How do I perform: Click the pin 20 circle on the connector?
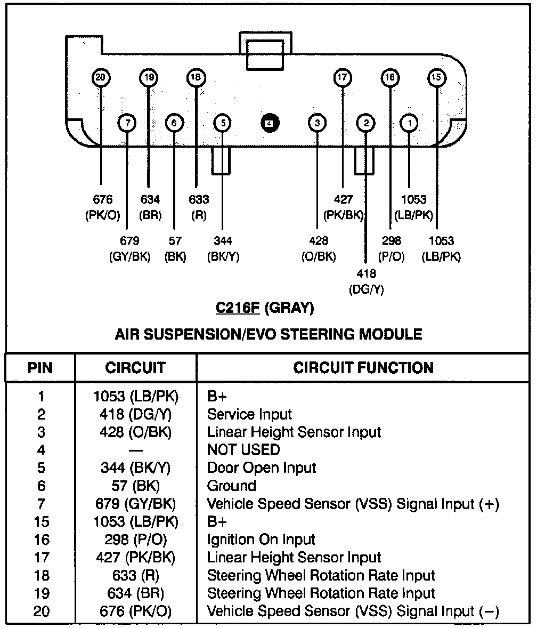pyautogui.click(x=100, y=78)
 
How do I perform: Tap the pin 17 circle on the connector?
pyautogui.click(x=342, y=78)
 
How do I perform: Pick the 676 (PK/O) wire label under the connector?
pyautogui.click(x=103, y=207)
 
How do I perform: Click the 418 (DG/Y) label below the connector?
pyautogui.click(x=366, y=281)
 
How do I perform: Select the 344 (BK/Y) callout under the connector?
pyautogui.click(x=223, y=248)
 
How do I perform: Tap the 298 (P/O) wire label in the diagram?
pyautogui.click(x=391, y=248)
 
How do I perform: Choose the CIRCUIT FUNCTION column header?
pyautogui.click(x=363, y=367)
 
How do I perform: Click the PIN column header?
pyautogui.click(x=40, y=367)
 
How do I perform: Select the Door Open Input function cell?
pyautogui.click(x=261, y=468)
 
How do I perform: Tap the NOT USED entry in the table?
pyautogui.click(x=243, y=450)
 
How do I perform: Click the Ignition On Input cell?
pyautogui.click(x=261, y=540)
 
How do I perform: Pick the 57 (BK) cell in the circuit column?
pyautogui.click(x=136, y=486)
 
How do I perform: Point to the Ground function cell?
pyautogui.click(x=231, y=486)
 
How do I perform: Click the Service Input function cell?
pyautogui.click(x=249, y=414)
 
